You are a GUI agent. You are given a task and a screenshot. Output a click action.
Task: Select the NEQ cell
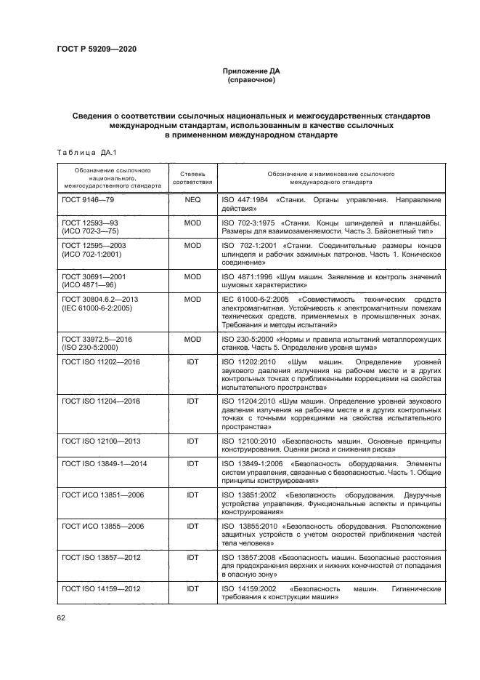pos(192,199)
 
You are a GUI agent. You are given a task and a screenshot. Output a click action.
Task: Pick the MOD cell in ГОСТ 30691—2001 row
pos(192,277)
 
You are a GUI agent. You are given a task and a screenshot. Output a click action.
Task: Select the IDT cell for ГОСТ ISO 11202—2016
pos(192,361)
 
